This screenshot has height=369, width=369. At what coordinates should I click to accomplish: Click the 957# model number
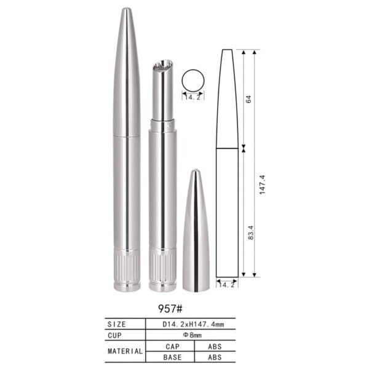(x=170, y=309)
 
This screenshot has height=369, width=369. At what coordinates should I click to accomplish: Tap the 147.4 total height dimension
(x=262, y=184)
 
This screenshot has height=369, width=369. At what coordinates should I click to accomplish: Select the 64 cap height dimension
(x=248, y=99)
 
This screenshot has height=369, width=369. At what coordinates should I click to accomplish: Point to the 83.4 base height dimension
(x=251, y=232)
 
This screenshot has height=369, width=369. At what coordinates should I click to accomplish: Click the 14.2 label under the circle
(x=192, y=97)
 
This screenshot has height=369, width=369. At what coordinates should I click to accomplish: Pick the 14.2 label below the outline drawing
(x=227, y=285)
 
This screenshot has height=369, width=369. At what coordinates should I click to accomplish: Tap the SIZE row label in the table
(x=117, y=324)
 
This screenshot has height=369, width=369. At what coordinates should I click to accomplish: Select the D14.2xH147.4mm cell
(x=193, y=324)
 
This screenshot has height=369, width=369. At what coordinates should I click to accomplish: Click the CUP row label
(x=115, y=335)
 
